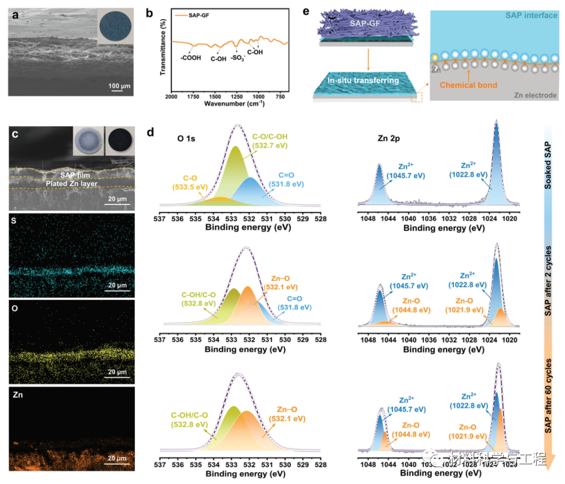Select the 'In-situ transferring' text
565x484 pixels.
(x=367, y=81)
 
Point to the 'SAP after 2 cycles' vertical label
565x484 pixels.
(x=550, y=282)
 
